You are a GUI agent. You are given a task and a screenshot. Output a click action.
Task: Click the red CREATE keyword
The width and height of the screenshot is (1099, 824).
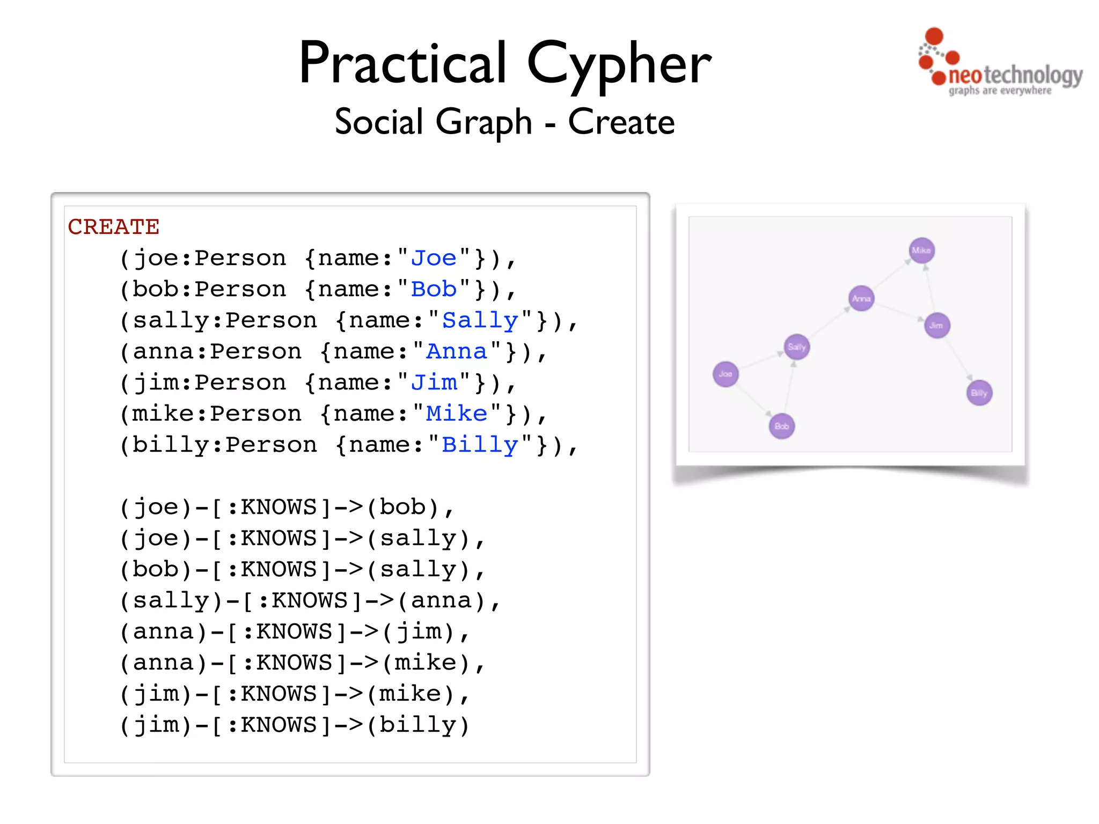[113, 227]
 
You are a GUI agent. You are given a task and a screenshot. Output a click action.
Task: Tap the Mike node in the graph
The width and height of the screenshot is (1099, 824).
[921, 251]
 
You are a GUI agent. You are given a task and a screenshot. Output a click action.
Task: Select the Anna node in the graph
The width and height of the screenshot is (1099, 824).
[861, 298]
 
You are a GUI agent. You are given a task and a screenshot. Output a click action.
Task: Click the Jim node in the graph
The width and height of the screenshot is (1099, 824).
[937, 326]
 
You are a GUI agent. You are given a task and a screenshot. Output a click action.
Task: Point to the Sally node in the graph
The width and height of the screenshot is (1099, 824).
[797, 347]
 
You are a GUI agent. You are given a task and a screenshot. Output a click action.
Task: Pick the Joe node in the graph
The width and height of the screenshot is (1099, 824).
[726, 374]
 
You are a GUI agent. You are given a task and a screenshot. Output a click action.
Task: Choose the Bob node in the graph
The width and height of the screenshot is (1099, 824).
[782, 426]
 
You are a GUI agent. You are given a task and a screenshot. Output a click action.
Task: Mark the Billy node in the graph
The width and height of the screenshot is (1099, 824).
[979, 393]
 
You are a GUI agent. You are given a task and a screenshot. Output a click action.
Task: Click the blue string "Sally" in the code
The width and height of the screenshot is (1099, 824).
[480, 320]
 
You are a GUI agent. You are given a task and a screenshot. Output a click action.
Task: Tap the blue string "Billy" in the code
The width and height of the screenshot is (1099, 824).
[480, 445]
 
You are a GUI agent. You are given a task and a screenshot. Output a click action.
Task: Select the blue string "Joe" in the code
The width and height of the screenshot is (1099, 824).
[434, 258]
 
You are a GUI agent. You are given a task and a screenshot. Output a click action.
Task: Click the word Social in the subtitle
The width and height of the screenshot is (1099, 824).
[379, 122]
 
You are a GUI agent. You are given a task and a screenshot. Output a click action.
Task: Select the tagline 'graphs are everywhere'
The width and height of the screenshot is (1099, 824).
[1000, 91]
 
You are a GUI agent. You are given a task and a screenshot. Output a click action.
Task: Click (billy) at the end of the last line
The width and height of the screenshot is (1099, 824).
[417, 725]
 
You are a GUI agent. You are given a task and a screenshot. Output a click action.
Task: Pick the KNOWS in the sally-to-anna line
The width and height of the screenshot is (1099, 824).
[310, 600]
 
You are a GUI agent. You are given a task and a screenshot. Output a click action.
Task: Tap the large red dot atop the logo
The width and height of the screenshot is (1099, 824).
[934, 36]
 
